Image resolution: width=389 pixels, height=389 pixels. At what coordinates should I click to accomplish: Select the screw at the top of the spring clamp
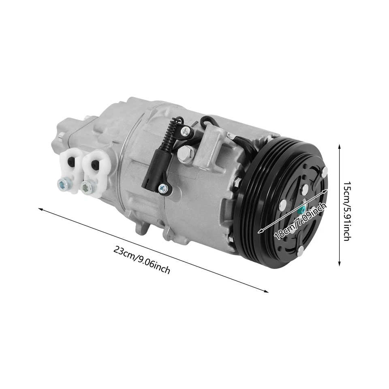[186, 130]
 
